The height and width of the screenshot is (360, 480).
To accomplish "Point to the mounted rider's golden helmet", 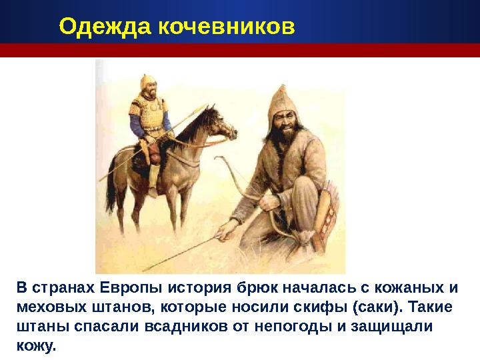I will pos(148,83).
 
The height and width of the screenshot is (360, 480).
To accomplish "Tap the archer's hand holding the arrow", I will pos(229,230).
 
